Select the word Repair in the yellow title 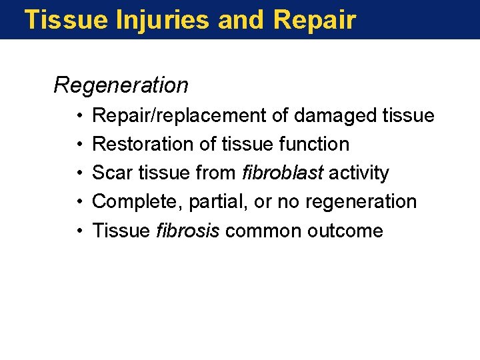[315, 20]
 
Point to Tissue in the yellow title [65, 20]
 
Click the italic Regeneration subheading [121, 85]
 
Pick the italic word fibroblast [283, 173]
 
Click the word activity [359, 173]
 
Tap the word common [255, 231]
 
